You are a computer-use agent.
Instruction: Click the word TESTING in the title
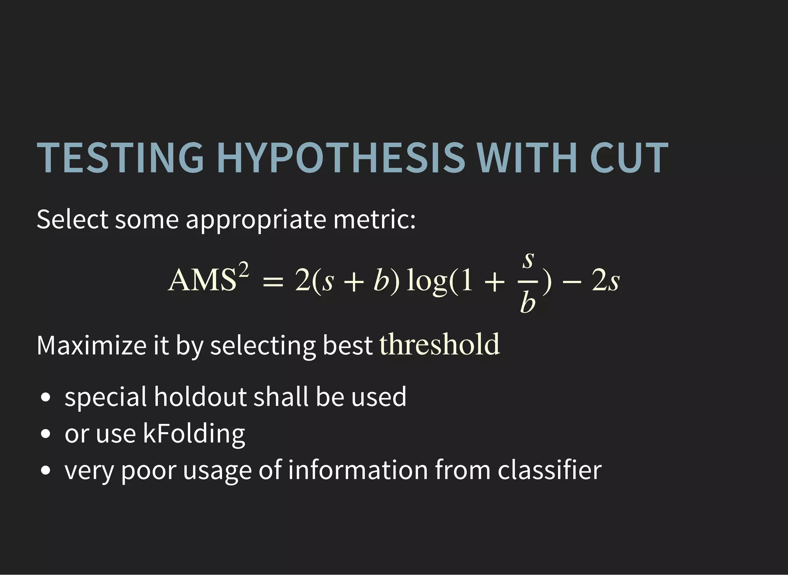(x=120, y=158)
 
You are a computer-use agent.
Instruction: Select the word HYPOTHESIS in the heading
(x=341, y=158)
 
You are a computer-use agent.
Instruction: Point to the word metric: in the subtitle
(x=374, y=219)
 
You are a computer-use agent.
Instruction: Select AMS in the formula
(x=202, y=280)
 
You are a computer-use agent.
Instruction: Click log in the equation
(x=426, y=281)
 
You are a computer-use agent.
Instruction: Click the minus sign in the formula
(x=572, y=282)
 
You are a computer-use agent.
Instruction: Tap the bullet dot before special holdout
(x=45, y=397)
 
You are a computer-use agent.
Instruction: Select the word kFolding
(x=194, y=434)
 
